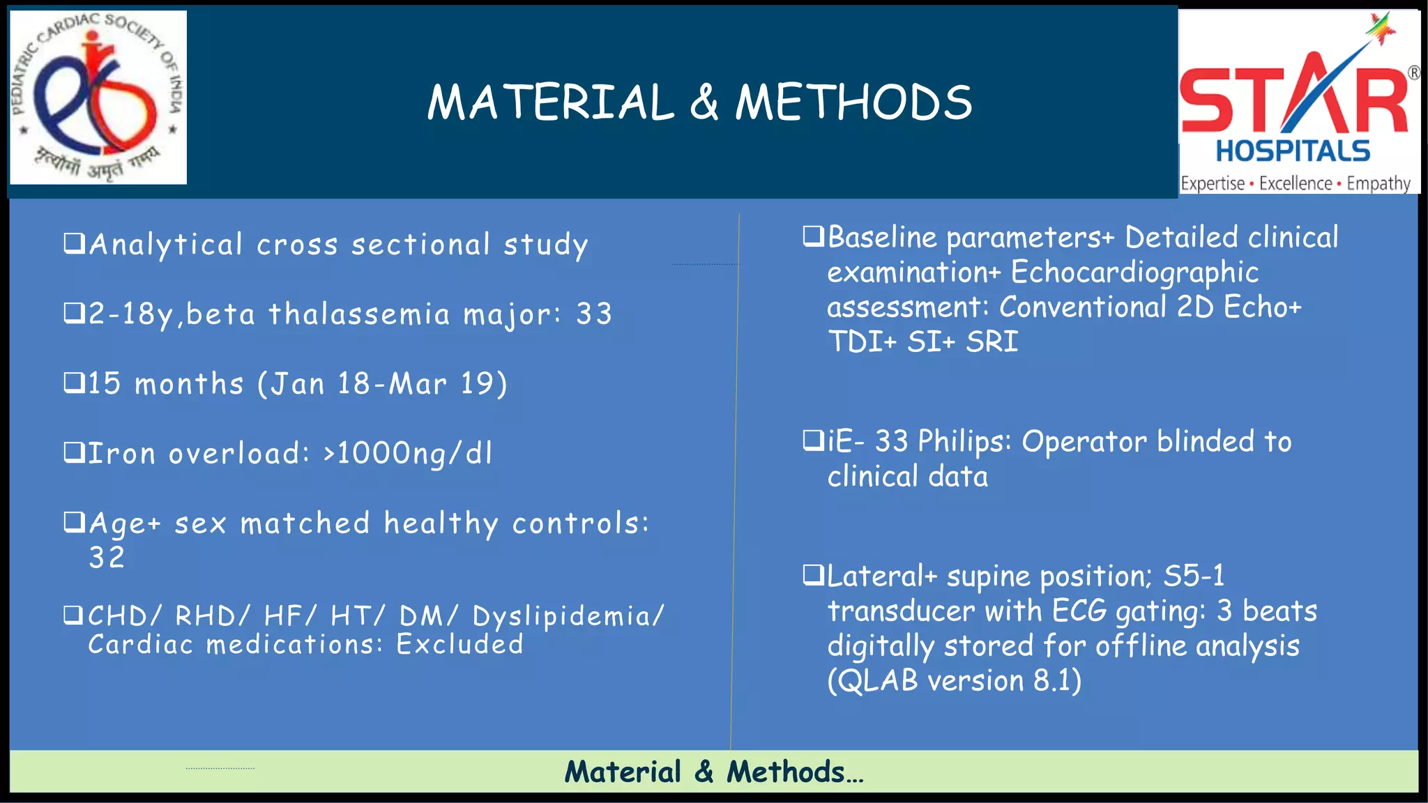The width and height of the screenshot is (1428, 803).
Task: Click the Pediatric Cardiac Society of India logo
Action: tap(98, 98)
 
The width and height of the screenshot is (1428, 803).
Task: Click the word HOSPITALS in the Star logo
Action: tap(1293, 151)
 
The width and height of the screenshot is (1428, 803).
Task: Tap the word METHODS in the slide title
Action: tap(853, 102)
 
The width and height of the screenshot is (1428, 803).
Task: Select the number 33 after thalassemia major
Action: tap(594, 314)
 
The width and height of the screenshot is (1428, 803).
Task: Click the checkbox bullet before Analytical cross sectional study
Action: tap(74, 243)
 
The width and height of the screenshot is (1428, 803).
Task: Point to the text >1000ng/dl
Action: tap(408, 454)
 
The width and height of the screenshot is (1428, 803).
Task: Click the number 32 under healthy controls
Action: tap(107, 558)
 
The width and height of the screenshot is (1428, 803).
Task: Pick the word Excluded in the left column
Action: tap(459, 645)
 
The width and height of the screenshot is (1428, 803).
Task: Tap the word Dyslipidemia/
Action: tap(568, 616)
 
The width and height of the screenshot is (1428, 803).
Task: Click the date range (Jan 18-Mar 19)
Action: tap(383, 384)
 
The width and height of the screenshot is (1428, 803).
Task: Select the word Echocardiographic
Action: tap(1134, 273)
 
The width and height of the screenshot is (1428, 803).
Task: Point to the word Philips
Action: tap(963, 442)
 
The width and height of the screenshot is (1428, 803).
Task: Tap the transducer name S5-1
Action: tap(1194, 576)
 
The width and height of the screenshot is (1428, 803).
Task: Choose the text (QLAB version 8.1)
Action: tap(954, 681)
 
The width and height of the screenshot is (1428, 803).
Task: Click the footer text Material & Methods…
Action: tap(714, 772)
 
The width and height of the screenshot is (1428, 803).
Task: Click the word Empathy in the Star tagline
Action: tap(1378, 184)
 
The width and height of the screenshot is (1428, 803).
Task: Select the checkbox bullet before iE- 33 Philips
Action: tap(812, 441)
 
